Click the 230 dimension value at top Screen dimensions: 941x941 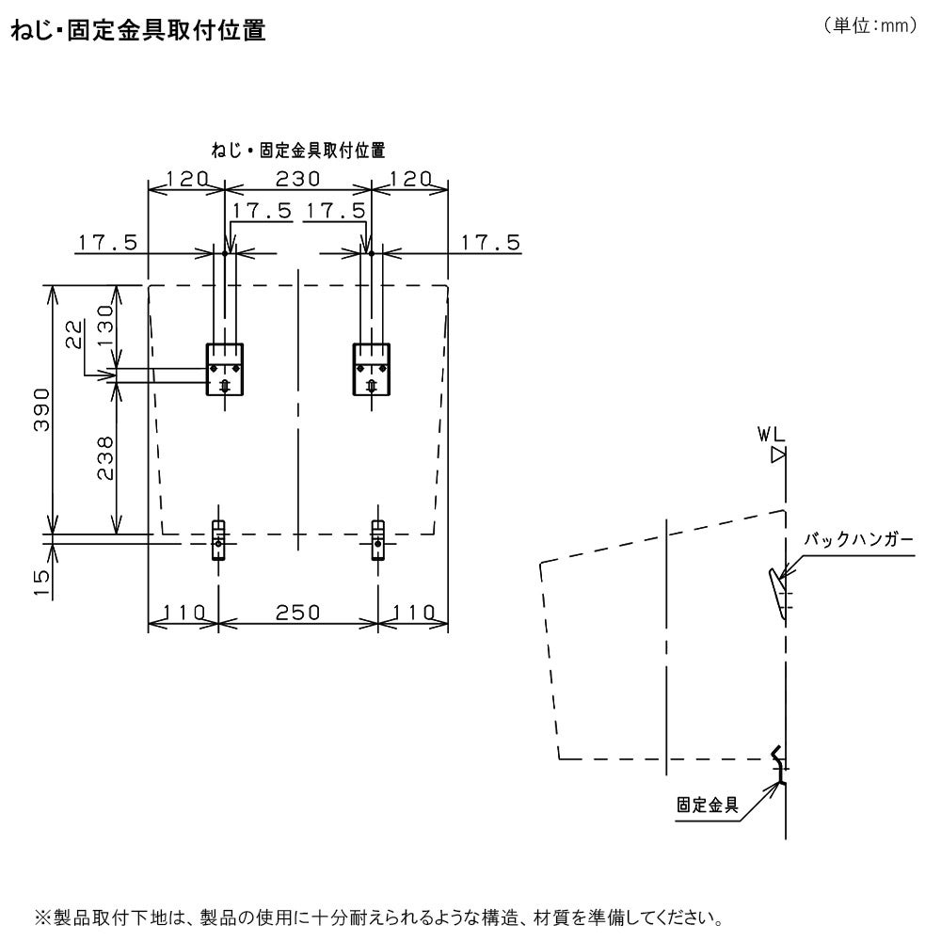pyautogui.click(x=297, y=179)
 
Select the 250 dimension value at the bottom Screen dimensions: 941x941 pyautogui.click(x=297, y=612)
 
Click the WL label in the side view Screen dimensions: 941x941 pyautogui.click(x=770, y=434)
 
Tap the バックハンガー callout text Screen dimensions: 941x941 pyautogui.click(x=857, y=540)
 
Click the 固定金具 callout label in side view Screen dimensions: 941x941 pyautogui.click(x=707, y=805)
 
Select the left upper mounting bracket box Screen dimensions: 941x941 pyautogui.click(x=225, y=369)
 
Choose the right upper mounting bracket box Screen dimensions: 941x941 pyautogui.click(x=370, y=369)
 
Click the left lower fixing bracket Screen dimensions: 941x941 pyautogui.click(x=218, y=540)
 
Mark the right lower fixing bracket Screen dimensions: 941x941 pyautogui.click(x=377, y=540)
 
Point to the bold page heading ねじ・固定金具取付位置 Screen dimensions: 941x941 pyautogui.click(x=137, y=31)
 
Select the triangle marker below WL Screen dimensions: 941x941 pyautogui.click(x=777, y=455)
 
